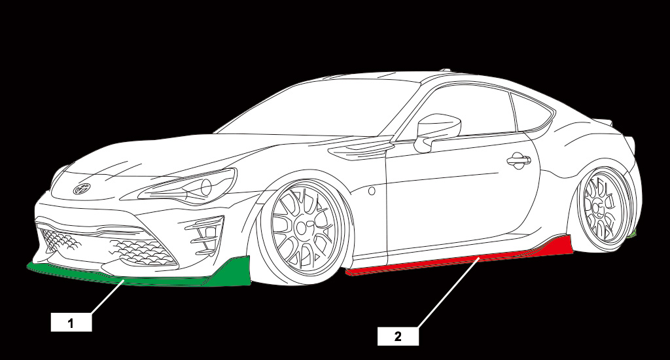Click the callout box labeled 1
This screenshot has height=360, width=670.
71,323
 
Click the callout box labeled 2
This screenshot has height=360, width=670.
398,336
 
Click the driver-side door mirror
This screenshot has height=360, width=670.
436,130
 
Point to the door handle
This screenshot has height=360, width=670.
519,161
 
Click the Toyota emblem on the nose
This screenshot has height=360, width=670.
82,189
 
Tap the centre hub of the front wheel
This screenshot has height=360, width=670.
303,228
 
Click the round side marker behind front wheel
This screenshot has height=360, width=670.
372,191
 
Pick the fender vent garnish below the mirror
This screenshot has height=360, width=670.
361,151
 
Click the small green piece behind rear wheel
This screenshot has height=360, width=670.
633,232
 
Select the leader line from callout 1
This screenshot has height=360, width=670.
107,297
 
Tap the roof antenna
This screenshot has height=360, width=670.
446,69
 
